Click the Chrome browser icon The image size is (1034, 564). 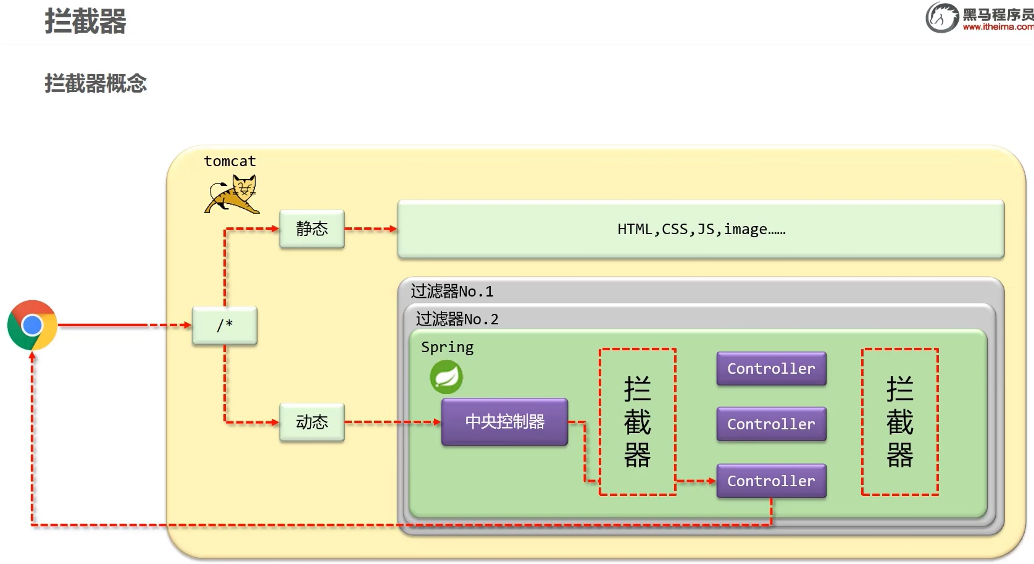(32, 325)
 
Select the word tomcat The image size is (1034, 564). (230, 161)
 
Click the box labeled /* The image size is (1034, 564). (225, 326)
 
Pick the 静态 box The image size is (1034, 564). (312, 229)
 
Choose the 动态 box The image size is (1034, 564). (312, 423)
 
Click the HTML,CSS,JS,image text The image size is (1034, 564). (701, 229)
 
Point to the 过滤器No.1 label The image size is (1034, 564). (452, 291)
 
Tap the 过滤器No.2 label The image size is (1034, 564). (457, 319)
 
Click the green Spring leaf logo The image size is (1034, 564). (446, 377)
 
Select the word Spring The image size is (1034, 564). (447, 347)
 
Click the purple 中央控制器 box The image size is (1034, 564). (504, 422)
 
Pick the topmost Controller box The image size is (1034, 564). (771, 369)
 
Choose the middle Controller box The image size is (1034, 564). (771, 424)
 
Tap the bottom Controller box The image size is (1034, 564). (771, 481)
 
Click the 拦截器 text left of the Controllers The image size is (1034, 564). (637, 422)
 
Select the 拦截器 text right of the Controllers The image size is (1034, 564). (899, 422)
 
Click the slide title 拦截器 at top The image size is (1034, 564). (85, 22)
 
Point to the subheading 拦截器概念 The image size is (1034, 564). (96, 83)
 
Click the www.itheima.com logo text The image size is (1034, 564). (998, 27)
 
